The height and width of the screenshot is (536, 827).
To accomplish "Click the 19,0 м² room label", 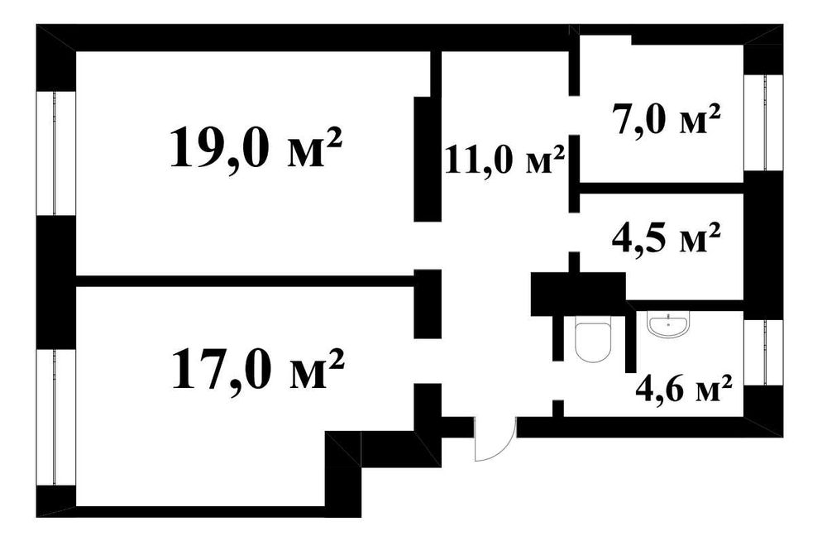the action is click(x=256, y=148).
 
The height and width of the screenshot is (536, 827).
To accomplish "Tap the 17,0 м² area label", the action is click(x=258, y=369).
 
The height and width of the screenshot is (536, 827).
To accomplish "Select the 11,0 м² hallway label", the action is click(x=504, y=160).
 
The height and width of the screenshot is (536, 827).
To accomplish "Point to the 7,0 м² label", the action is click(x=666, y=120).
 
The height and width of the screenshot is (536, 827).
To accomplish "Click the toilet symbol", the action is click(x=593, y=339).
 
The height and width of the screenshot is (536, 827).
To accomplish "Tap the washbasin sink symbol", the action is click(x=669, y=323).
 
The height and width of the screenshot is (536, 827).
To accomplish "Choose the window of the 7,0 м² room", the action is click(x=764, y=122).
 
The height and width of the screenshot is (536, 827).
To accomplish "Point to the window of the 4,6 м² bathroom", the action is click(x=764, y=352).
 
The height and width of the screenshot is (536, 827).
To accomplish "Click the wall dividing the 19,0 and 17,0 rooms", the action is click(x=246, y=281).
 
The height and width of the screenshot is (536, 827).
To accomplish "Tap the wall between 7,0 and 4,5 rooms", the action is click(x=662, y=189).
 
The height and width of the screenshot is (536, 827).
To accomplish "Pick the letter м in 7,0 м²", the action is click(x=692, y=122).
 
